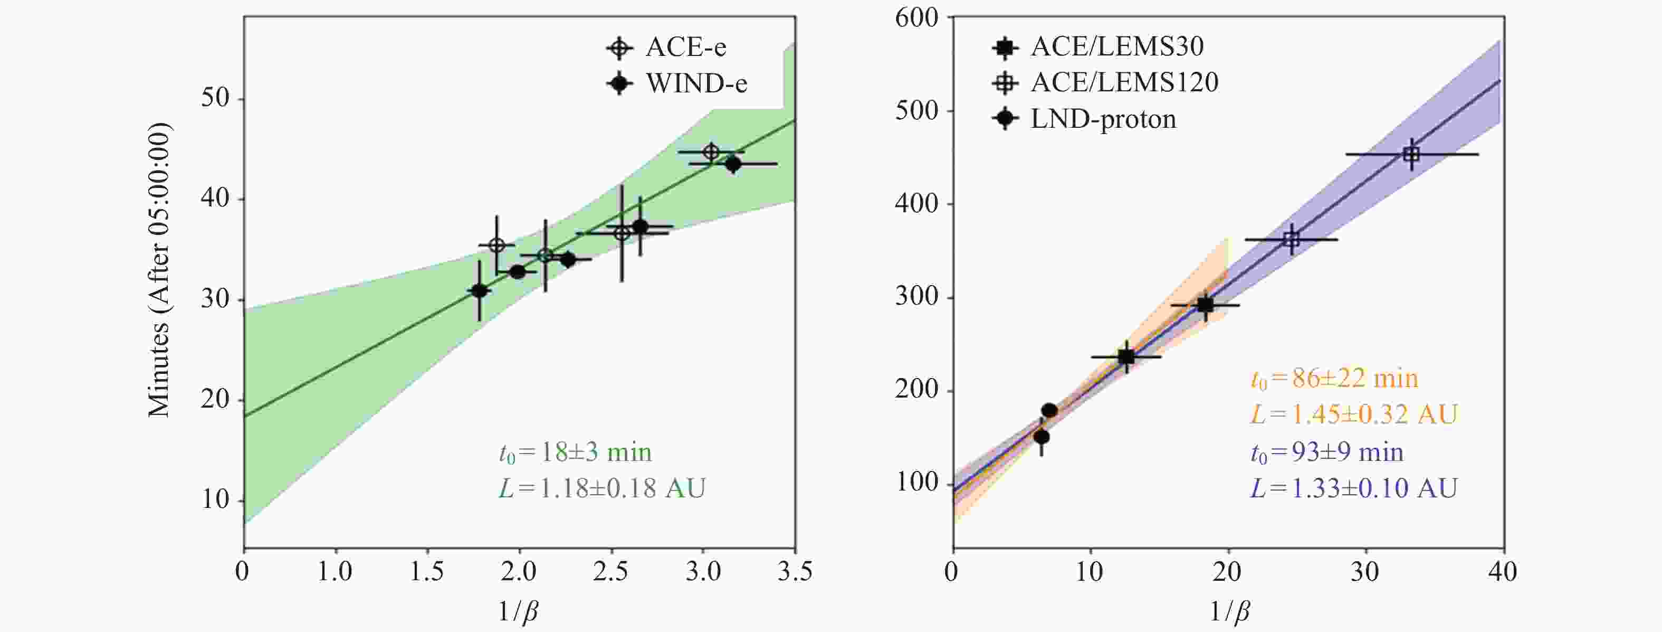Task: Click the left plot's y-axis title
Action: click(x=159, y=269)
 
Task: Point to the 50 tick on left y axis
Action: click(x=215, y=99)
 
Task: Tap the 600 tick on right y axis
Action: click(x=916, y=18)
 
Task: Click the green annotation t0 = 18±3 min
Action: click(x=575, y=452)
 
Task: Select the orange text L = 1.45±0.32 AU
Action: click(x=1353, y=414)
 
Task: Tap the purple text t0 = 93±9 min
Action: click(x=1326, y=452)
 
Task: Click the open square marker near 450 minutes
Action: click(x=1411, y=154)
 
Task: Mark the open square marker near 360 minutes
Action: click(x=1291, y=240)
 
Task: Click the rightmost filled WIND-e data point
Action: click(x=733, y=164)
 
